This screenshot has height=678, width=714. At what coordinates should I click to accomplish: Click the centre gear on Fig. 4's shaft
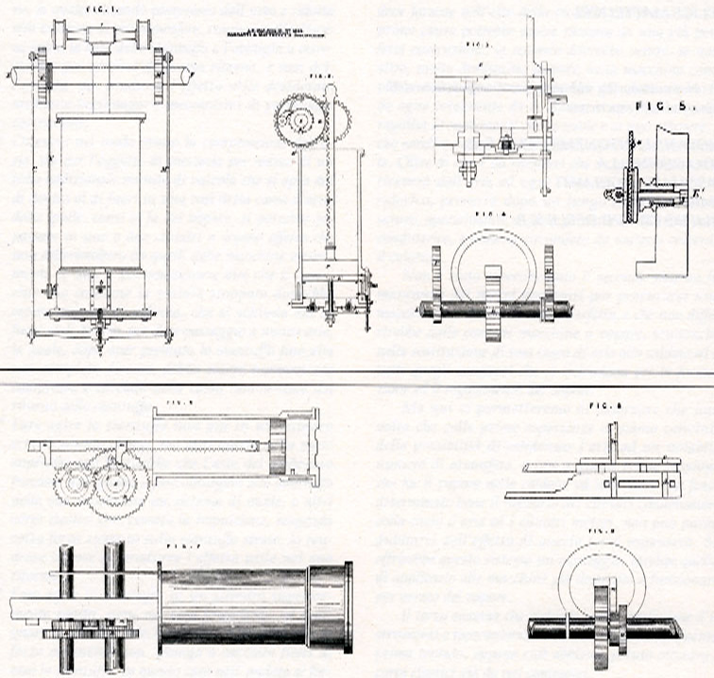(493, 301)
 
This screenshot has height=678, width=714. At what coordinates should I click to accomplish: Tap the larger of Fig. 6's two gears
(116, 481)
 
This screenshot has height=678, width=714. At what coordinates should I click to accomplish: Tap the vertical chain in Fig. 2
(330, 198)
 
